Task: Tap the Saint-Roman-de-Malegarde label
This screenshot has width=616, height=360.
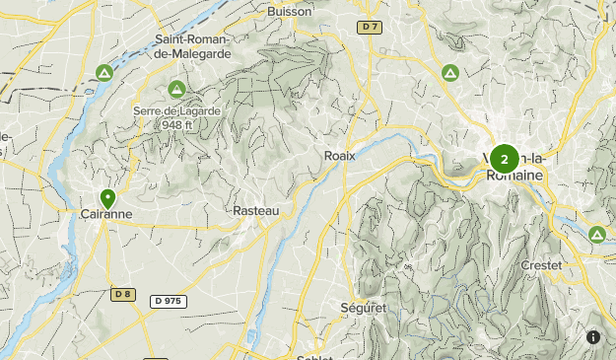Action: click(192, 46)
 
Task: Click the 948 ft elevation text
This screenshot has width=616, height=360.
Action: click(177, 124)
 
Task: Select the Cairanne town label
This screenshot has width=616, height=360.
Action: click(106, 213)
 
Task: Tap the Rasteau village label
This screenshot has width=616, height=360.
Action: click(257, 211)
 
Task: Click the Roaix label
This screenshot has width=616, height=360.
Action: click(339, 155)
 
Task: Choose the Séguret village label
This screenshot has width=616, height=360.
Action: click(368, 308)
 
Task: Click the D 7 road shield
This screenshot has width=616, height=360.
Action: click(370, 28)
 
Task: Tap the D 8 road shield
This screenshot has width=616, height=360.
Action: click(122, 294)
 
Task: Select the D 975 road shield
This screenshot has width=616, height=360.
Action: click(170, 300)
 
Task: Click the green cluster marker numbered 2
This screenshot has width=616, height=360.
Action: click(504, 158)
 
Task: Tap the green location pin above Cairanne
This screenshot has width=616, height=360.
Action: click(107, 198)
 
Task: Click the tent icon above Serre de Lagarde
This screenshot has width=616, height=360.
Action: click(176, 88)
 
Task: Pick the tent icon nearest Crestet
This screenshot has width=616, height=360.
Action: click(596, 235)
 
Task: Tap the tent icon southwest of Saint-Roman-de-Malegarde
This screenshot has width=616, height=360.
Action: click(104, 72)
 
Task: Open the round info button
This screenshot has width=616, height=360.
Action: click(593, 337)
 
